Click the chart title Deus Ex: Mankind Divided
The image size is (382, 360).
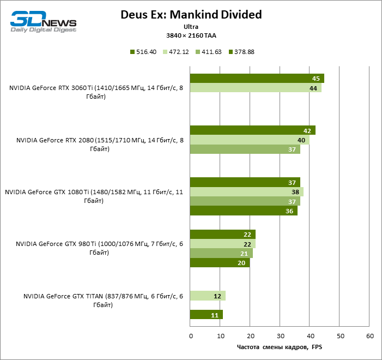click(191, 15)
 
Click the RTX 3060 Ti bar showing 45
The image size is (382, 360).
click(257, 79)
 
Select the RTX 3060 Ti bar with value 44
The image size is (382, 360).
click(256, 88)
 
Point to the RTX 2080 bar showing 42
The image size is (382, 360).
click(252, 130)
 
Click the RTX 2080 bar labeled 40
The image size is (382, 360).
click(250, 140)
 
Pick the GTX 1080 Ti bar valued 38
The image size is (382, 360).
click(246, 192)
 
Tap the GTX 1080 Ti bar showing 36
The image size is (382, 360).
click(244, 211)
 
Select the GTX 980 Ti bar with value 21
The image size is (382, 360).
click(221, 254)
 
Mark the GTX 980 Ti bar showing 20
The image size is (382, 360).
click(220, 263)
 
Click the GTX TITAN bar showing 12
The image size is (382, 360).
click(208, 296)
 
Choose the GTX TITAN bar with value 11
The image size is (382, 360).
click(206, 315)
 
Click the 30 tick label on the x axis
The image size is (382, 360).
click(280, 335)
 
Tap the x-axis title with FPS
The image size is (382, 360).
click(280, 347)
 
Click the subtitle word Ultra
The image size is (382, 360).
click(191, 26)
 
